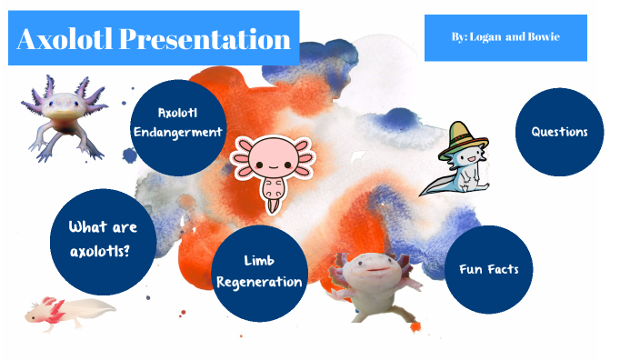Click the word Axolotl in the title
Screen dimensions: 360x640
point(65,39)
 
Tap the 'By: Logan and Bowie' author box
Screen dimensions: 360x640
point(505,37)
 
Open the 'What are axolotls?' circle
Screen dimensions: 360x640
point(102,239)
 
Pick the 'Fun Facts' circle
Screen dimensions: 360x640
point(488,269)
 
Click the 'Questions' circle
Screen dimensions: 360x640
point(559,132)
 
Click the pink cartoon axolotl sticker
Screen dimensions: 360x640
point(272,166)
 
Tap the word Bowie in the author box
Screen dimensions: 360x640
point(543,37)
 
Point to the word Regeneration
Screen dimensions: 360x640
point(259,282)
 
